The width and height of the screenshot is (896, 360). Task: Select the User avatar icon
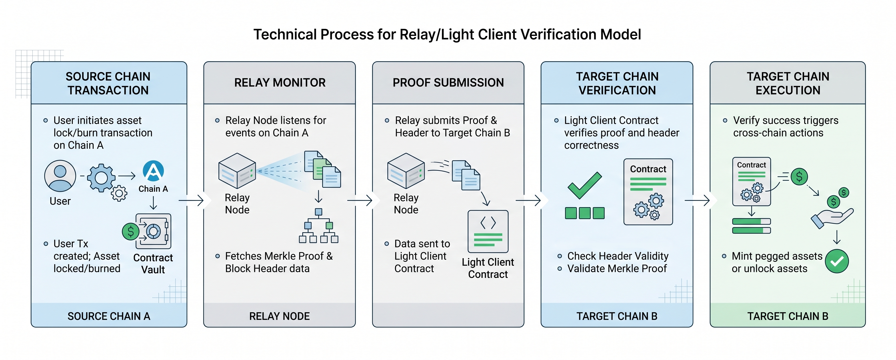click(60, 176)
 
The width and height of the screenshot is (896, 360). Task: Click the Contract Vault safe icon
click(153, 231)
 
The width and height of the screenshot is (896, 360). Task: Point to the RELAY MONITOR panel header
click(280, 83)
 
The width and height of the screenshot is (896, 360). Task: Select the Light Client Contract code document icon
click(488, 231)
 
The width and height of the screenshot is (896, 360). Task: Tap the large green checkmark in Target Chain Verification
click(584, 186)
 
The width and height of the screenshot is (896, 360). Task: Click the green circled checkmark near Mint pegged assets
click(837, 261)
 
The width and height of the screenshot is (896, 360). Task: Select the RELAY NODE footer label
click(280, 316)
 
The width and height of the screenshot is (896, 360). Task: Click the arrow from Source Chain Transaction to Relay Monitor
click(191, 200)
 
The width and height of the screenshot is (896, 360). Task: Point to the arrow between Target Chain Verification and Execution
click(697, 200)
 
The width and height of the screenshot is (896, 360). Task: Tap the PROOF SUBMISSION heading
click(448, 83)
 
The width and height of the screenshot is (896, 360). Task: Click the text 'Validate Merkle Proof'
click(617, 269)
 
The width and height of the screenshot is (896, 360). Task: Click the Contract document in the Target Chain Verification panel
click(648, 192)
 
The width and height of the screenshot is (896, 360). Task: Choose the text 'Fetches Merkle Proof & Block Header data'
click(279, 262)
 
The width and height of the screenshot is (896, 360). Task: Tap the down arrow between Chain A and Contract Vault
click(153, 203)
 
